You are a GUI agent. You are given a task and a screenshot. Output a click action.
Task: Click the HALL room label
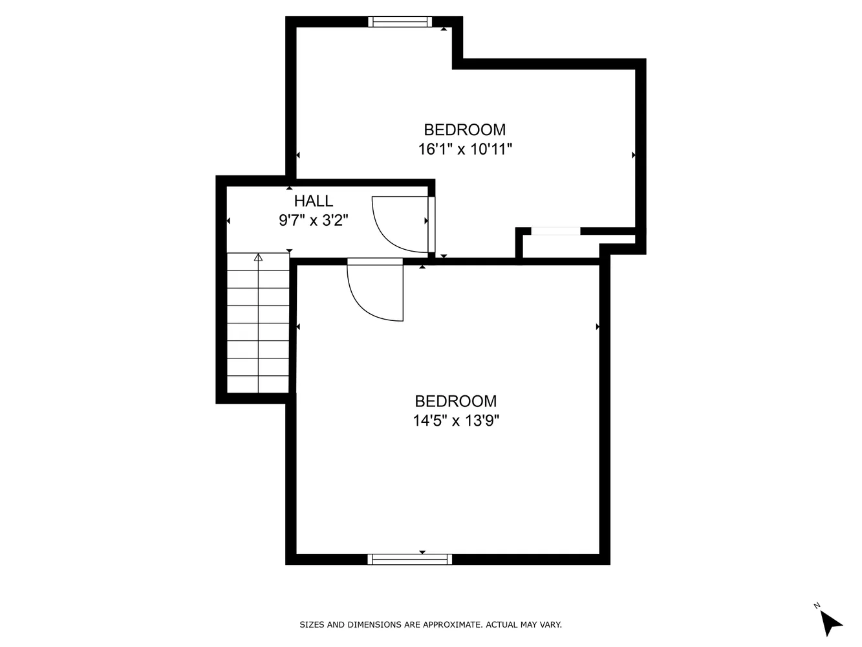314,201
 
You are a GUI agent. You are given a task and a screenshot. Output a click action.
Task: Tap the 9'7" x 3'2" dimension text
314,221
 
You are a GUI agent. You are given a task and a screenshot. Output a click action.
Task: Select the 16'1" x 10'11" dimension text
465,149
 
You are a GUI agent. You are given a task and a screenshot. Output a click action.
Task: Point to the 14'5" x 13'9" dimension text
456,421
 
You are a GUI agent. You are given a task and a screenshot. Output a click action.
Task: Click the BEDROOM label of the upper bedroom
464,129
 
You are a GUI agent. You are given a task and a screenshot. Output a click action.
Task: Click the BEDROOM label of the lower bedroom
456,401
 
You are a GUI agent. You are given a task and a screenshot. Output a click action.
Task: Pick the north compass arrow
830,622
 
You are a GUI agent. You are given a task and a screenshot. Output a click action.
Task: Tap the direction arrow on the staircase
259,258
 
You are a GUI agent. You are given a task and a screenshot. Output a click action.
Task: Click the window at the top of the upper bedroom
400,22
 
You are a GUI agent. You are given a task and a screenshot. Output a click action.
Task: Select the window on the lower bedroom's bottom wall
410,560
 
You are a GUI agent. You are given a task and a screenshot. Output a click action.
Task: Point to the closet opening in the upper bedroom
555,231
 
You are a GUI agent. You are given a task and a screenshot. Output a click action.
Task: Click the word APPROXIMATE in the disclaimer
452,625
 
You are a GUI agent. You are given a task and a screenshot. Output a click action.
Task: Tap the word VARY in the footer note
551,625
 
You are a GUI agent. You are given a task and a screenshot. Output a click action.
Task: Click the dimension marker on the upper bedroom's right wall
634,155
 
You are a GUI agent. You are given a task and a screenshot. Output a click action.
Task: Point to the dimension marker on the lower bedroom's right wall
598,327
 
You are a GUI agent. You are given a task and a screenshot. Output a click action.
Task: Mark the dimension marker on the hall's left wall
228,221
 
